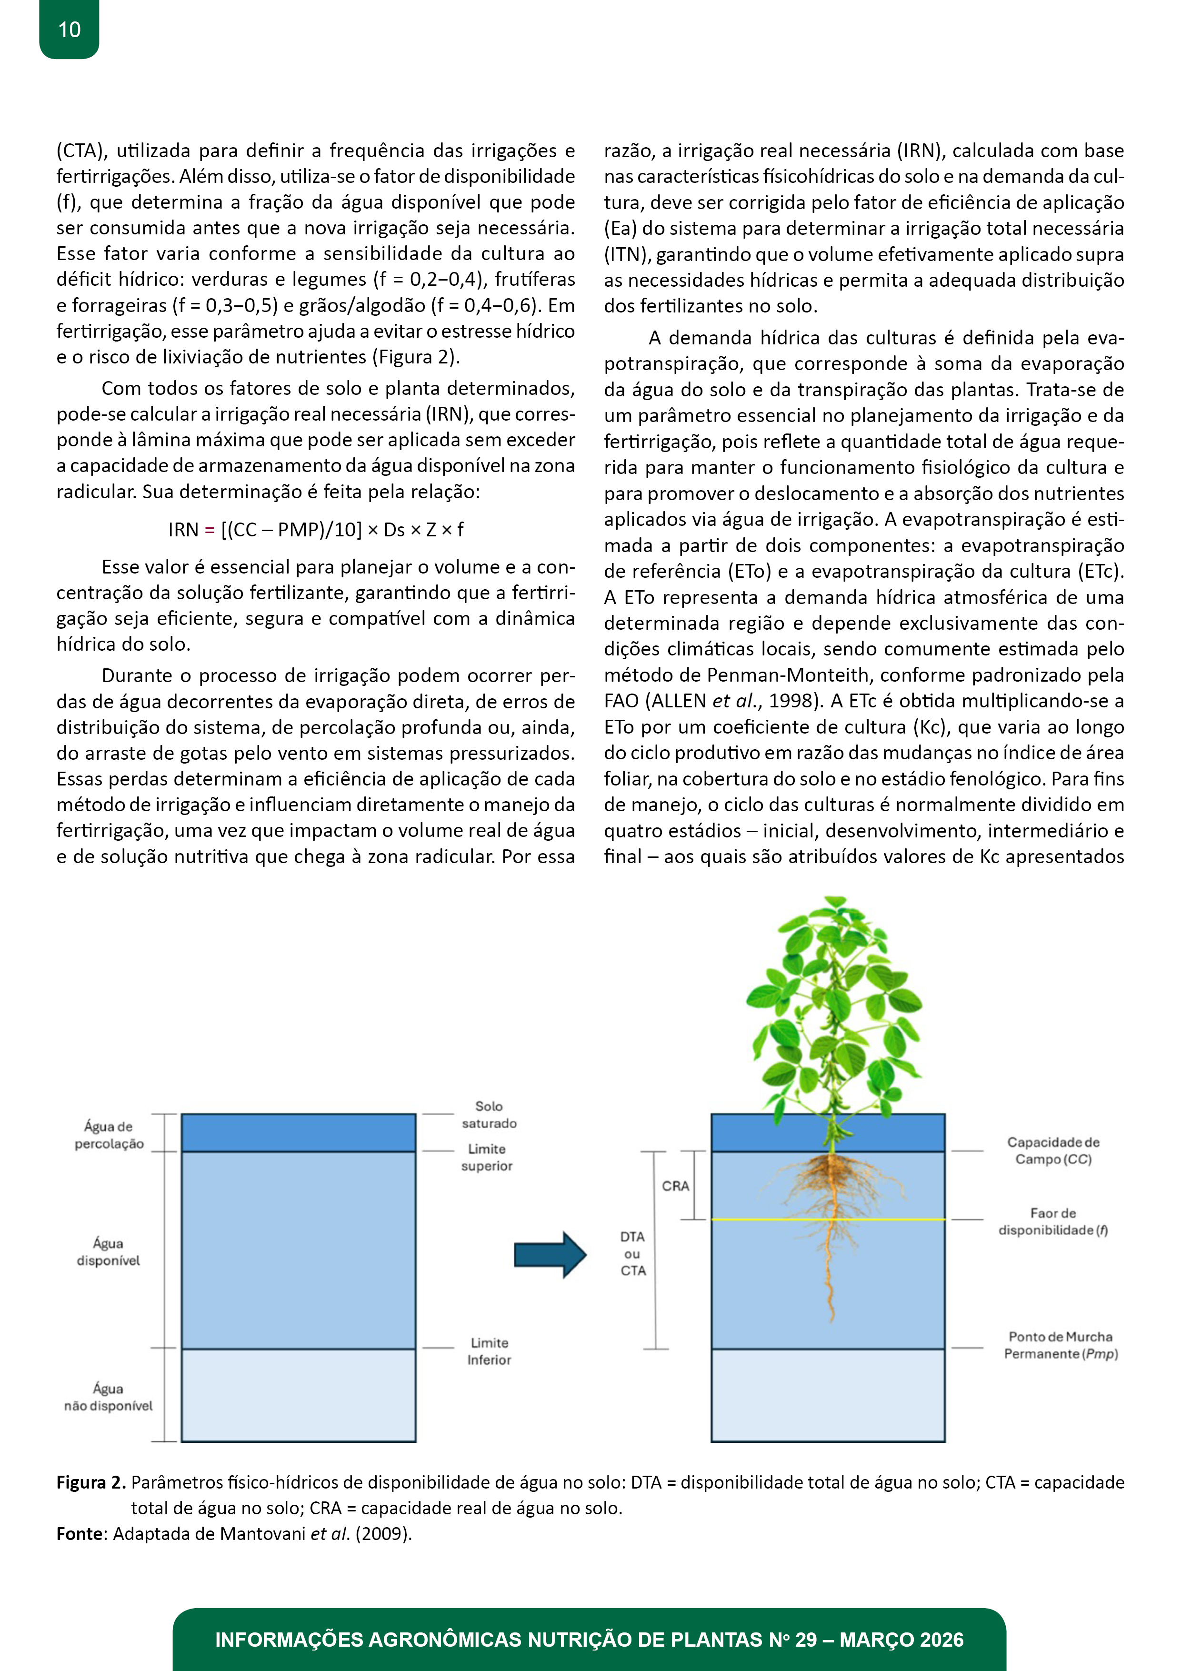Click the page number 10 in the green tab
click(x=69, y=30)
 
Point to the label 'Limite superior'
click(x=487, y=1157)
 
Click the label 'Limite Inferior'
click(x=489, y=1351)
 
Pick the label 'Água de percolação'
click(x=109, y=1135)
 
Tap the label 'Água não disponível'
click(x=109, y=1398)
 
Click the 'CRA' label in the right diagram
click(x=675, y=1186)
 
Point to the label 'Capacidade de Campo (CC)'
click(x=1053, y=1151)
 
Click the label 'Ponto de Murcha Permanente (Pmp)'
click(x=1060, y=1345)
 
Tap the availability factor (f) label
click(x=1053, y=1221)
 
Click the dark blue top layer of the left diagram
click(x=298, y=1132)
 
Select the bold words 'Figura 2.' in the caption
click(x=91, y=1482)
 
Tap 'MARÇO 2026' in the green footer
click(x=901, y=1640)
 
